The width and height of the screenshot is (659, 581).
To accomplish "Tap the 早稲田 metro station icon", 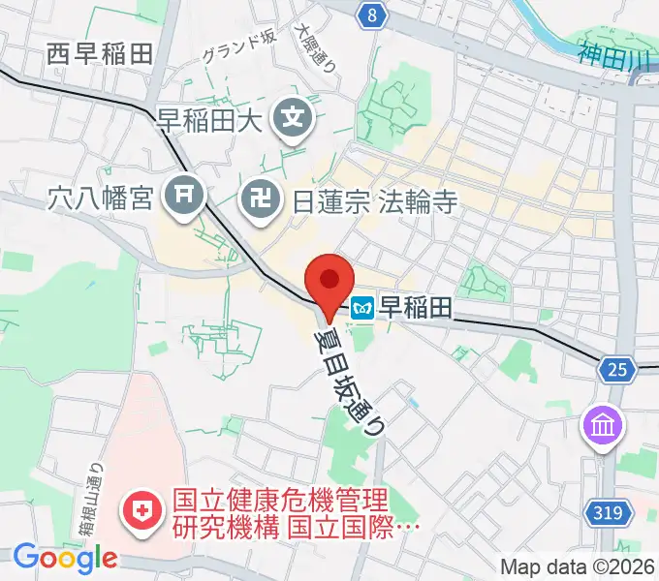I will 362,309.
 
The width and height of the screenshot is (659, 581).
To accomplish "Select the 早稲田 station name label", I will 415,308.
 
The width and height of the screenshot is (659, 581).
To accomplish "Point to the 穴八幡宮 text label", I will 100,199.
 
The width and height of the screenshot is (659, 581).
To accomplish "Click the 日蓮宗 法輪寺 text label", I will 374,200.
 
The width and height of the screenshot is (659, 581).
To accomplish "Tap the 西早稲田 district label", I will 100,54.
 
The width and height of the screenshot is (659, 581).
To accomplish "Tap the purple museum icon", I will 603,425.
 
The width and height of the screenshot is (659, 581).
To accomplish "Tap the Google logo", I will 65,558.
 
